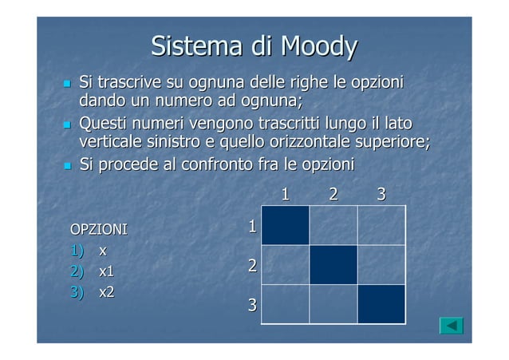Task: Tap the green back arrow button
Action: [452, 326]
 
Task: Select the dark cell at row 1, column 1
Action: [285, 225]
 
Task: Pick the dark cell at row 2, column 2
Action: [333, 264]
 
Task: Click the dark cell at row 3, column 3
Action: [381, 303]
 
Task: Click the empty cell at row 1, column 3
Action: [381, 225]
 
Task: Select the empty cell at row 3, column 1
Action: [285, 303]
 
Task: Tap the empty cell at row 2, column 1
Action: [285, 264]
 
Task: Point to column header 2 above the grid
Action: [333, 193]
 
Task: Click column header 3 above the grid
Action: [381, 193]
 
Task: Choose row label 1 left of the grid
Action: [251, 227]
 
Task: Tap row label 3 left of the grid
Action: [251, 305]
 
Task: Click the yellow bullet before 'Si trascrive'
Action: [67, 84]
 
